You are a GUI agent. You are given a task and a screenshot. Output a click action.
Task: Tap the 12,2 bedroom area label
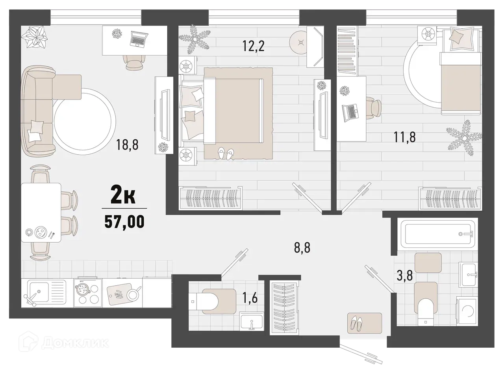coord(253,47)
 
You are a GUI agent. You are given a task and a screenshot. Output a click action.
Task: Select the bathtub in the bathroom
coord(437,234)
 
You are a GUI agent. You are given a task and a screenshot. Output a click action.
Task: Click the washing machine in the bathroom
coord(466,312)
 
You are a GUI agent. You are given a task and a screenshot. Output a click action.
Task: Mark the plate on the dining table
coord(40,232)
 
